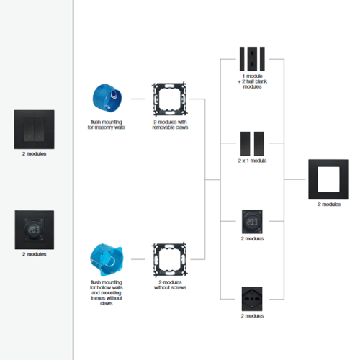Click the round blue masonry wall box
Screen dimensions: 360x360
[107, 98]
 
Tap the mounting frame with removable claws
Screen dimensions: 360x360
[170, 99]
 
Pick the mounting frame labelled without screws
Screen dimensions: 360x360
[170, 259]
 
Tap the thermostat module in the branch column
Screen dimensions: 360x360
[252, 222]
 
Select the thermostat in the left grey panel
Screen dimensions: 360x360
[35, 230]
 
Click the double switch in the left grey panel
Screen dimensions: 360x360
[34, 130]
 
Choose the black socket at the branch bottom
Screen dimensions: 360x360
[252, 299]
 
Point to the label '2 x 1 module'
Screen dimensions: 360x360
[252, 161]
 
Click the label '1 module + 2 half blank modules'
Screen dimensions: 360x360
[252, 81]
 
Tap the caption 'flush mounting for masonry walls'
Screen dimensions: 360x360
[107, 125]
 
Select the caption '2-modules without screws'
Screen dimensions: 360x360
[170, 285]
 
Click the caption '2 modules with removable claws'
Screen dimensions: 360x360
[170, 125]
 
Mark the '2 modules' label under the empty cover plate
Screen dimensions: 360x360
[329, 204]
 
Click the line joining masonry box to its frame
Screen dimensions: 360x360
[138, 99]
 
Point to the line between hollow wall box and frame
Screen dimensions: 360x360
[138, 259]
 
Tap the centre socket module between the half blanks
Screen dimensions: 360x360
[252, 59]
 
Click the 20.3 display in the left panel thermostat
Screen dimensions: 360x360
[34, 230]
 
